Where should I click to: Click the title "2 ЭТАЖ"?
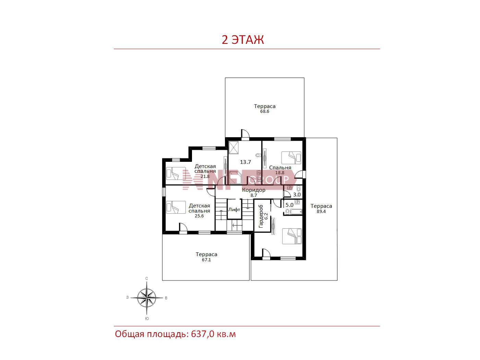click(x=242, y=40)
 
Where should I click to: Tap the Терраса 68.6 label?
click(x=265, y=108)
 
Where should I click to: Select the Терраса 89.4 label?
click(x=321, y=208)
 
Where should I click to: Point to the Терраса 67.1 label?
click(x=206, y=256)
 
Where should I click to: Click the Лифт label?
click(x=234, y=209)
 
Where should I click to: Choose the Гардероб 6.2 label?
click(x=263, y=216)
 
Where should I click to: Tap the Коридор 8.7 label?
click(x=254, y=192)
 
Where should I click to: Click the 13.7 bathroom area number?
click(x=245, y=162)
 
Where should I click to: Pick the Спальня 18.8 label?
click(x=280, y=170)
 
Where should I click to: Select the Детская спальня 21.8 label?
click(x=205, y=171)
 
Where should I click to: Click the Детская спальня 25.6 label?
click(x=199, y=211)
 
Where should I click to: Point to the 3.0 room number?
click(x=297, y=194)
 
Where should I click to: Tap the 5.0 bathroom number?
click(x=289, y=205)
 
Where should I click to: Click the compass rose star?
click(x=147, y=298)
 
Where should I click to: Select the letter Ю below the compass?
click(x=147, y=319)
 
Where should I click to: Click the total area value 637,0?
click(x=203, y=334)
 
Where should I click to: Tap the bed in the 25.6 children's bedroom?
click(x=176, y=207)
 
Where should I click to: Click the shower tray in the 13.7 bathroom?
click(x=233, y=148)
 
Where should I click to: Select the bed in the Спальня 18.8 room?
click(x=291, y=158)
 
